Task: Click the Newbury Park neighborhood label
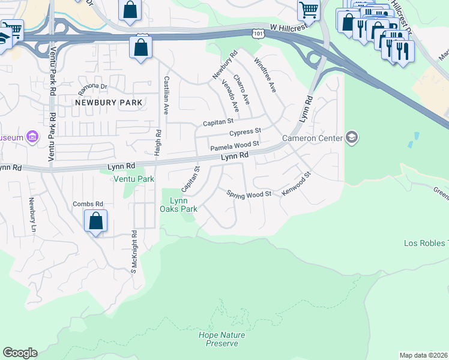tap(109, 103)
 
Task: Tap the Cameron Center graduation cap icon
tap(352, 138)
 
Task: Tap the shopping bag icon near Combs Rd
tap(95, 221)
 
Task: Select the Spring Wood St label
tap(249, 193)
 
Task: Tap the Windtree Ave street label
tap(265, 74)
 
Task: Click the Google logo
tap(20, 353)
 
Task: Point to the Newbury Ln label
tap(32, 212)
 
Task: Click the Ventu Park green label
tap(134, 179)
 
